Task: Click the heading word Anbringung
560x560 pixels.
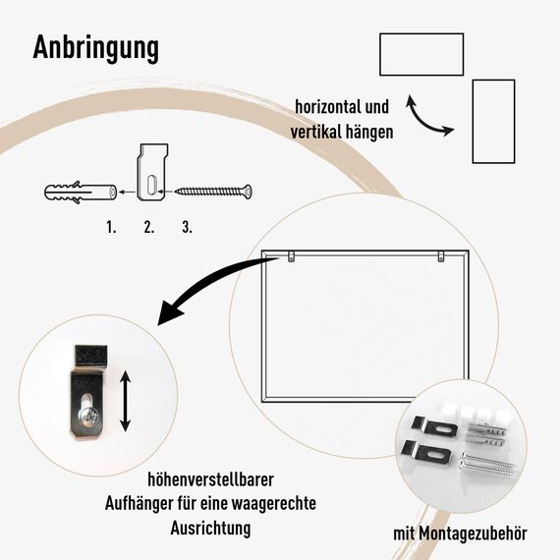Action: pos(96,47)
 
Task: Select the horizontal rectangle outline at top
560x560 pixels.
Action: pos(420,54)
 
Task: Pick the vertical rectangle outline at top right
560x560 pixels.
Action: pos(493,122)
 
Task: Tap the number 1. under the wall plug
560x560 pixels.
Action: pos(111,227)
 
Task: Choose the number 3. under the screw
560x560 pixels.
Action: pos(187,227)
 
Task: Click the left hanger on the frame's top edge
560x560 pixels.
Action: pos(292,256)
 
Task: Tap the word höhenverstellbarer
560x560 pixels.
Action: pos(209,480)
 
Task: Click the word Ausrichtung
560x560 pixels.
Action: pos(209,528)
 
